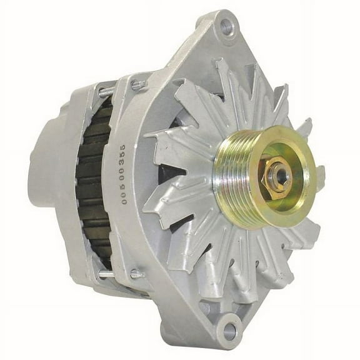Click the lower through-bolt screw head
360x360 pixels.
137,273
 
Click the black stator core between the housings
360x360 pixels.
94,181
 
